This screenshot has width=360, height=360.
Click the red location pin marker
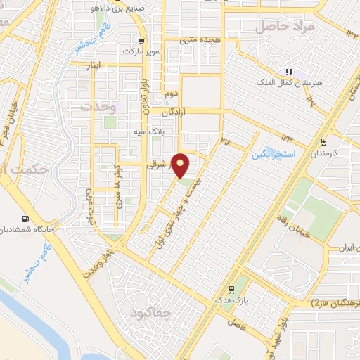[182, 165]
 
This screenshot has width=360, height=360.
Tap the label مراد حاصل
[276, 27]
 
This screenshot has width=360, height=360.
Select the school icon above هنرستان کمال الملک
[288, 72]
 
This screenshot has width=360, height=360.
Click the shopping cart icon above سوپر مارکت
[142, 41]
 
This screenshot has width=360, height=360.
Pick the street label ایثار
[94, 65]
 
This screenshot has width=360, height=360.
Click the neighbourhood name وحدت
[98, 106]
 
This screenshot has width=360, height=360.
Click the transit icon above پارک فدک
[231, 289]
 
